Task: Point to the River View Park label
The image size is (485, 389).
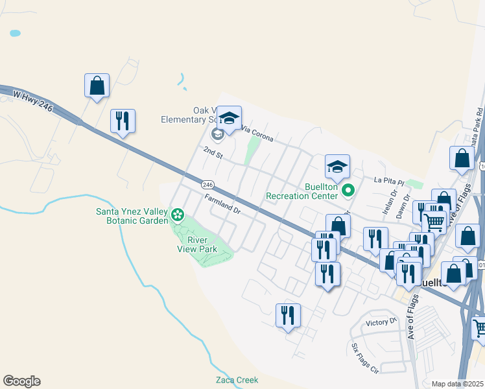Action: click(x=198, y=244)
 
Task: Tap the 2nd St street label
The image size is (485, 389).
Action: click(x=213, y=154)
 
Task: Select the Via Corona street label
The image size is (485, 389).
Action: click(x=257, y=134)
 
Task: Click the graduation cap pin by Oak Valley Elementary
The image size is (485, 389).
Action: click(x=228, y=118)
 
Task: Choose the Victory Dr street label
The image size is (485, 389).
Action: click(x=381, y=322)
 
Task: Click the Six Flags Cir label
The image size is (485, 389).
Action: click(x=364, y=359)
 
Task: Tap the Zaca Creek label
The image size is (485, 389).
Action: click(x=237, y=380)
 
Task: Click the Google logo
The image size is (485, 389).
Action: click(x=21, y=381)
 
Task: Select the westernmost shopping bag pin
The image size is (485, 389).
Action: click(x=97, y=86)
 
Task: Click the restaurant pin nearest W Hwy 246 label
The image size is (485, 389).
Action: click(x=122, y=121)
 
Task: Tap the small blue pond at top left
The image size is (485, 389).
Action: click(x=14, y=32)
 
